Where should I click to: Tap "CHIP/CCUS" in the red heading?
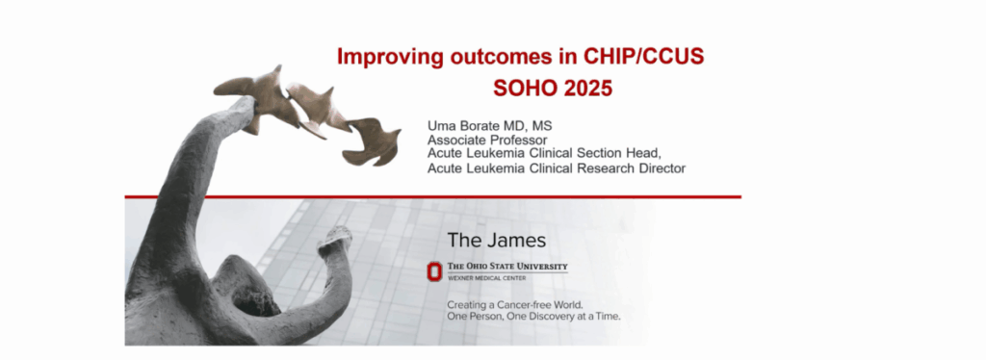[644, 56]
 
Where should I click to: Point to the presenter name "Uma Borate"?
[464, 126]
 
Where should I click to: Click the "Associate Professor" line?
[487, 141]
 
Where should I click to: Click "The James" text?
[497, 240]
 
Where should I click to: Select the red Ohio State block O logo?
[434, 271]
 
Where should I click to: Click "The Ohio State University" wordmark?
[507, 267]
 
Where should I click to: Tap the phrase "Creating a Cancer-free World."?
[515, 305]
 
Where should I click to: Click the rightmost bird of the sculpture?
[373, 142]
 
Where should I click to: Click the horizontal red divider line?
[432, 196]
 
